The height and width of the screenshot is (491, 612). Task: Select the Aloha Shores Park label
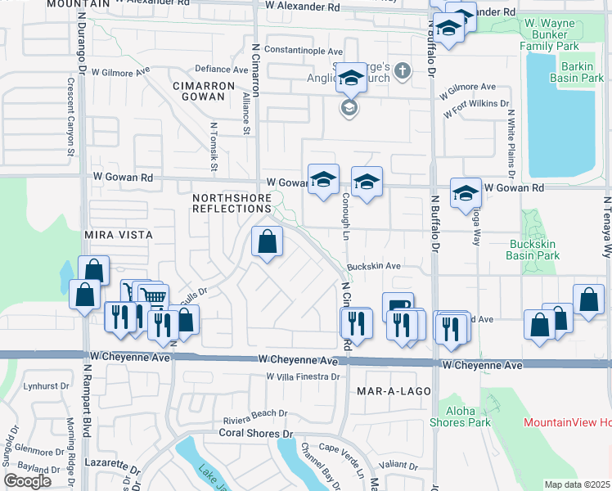coord(460,416)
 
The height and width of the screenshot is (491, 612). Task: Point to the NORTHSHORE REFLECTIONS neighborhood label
coord(232,203)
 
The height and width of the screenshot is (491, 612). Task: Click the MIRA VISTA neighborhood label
coord(119,235)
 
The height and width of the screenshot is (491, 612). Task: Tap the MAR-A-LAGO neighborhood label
coord(394,392)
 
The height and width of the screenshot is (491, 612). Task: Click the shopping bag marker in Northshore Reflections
coord(267,242)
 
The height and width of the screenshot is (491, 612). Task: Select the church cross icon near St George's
coord(401,72)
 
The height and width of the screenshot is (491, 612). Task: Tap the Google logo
coord(28,480)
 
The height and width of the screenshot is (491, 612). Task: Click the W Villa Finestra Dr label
coord(303,376)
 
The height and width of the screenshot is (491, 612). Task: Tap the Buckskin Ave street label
coord(373,267)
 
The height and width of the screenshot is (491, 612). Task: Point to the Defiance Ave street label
coord(221,70)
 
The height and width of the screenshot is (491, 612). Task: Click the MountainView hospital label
coord(568,422)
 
